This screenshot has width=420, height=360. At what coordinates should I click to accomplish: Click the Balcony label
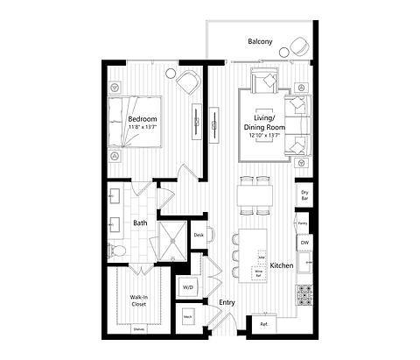pos(260,41)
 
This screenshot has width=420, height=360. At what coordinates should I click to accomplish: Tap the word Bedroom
pos(142,118)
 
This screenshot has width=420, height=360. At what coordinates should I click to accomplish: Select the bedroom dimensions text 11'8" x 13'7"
pos(142,128)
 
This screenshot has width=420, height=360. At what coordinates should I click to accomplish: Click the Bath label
pos(140,223)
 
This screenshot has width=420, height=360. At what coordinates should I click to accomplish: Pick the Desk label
pos(199,235)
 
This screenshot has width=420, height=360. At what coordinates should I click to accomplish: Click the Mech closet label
pos(188,316)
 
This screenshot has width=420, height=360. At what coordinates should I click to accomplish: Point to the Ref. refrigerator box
pos(263,324)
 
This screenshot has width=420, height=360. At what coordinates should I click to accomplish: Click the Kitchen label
pos(281,265)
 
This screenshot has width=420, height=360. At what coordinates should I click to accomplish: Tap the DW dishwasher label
pos(304,242)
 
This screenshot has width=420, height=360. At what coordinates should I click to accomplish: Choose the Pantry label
pos(303,223)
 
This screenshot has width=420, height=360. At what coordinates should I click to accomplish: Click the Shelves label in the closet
pos(138,329)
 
